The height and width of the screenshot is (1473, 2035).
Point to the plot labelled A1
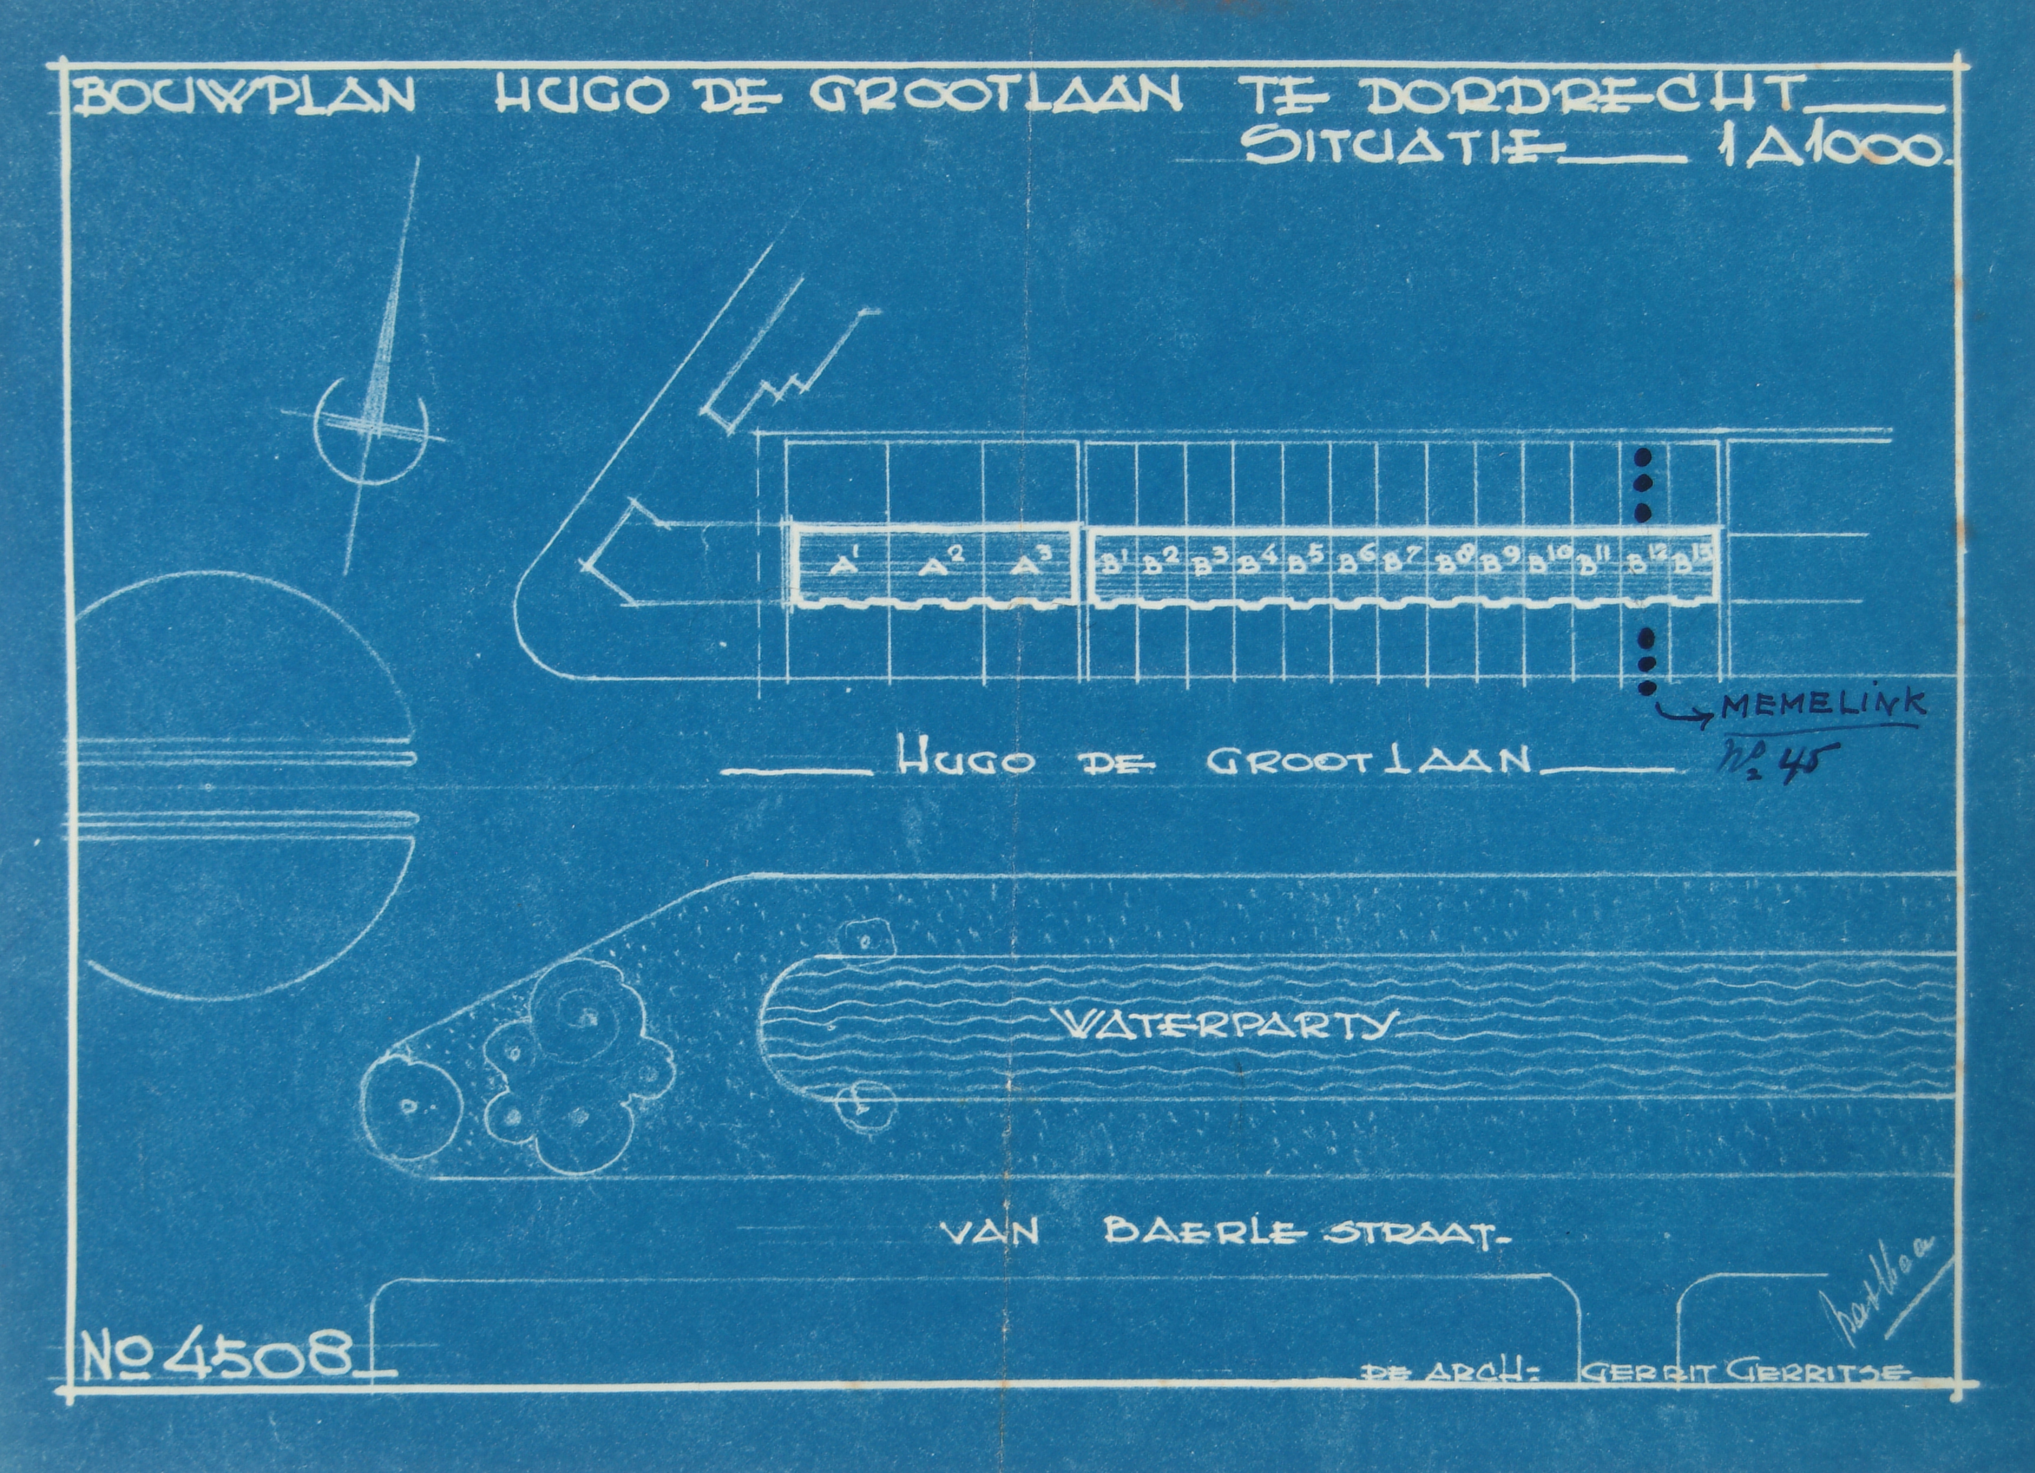click(x=840, y=566)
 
